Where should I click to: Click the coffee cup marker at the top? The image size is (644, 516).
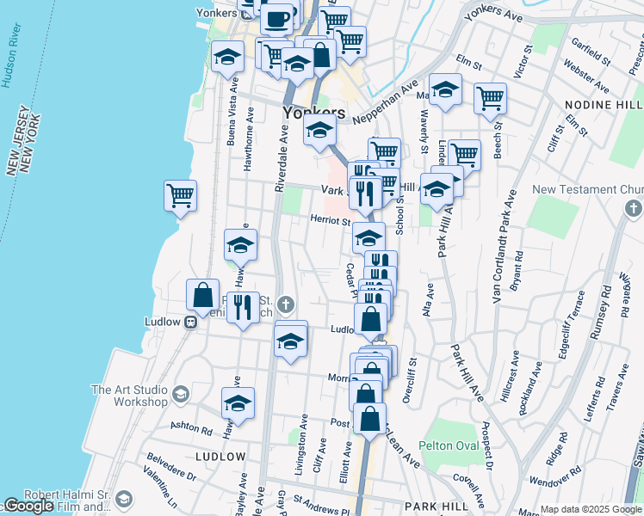click(277, 19)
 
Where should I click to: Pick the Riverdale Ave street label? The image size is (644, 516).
click(281, 159)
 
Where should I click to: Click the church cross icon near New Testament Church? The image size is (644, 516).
click(633, 209)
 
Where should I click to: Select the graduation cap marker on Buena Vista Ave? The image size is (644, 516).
click(228, 58)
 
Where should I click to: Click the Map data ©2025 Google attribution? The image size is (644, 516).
click(591, 509)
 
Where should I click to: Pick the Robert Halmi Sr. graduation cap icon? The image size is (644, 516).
click(124, 500)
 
